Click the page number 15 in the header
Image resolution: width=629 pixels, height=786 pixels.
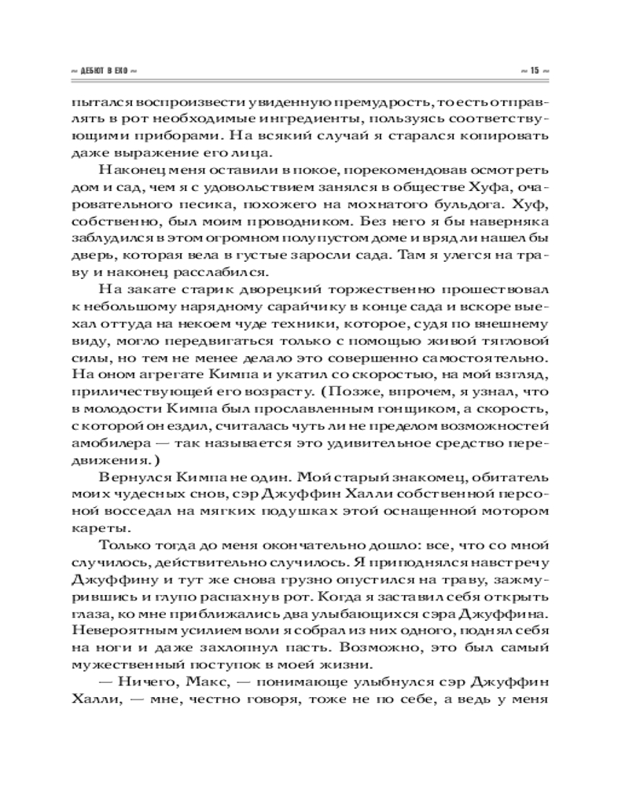534,71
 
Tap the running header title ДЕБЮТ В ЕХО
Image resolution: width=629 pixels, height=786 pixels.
108,71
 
